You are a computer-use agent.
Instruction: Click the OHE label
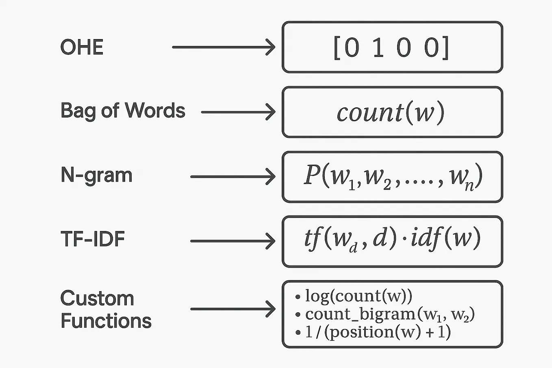click(x=82, y=47)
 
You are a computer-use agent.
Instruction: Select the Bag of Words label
click(x=122, y=111)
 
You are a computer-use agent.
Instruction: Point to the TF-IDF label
click(x=92, y=239)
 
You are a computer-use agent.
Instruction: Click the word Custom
click(x=97, y=298)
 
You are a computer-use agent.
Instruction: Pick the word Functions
click(x=106, y=321)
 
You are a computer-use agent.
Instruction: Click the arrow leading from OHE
click(x=224, y=47)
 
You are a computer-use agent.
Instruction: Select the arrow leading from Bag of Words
click(x=238, y=112)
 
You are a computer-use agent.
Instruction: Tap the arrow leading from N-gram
click(x=233, y=176)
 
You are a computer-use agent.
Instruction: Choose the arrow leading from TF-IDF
click(x=233, y=241)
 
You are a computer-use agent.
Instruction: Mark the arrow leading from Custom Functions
click(x=233, y=309)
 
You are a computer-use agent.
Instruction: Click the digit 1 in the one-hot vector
click(x=378, y=48)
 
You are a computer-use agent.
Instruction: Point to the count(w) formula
click(x=391, y=113)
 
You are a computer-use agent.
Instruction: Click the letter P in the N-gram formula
click(x=312, y=176)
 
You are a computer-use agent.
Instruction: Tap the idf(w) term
click(x=446, y=239)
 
